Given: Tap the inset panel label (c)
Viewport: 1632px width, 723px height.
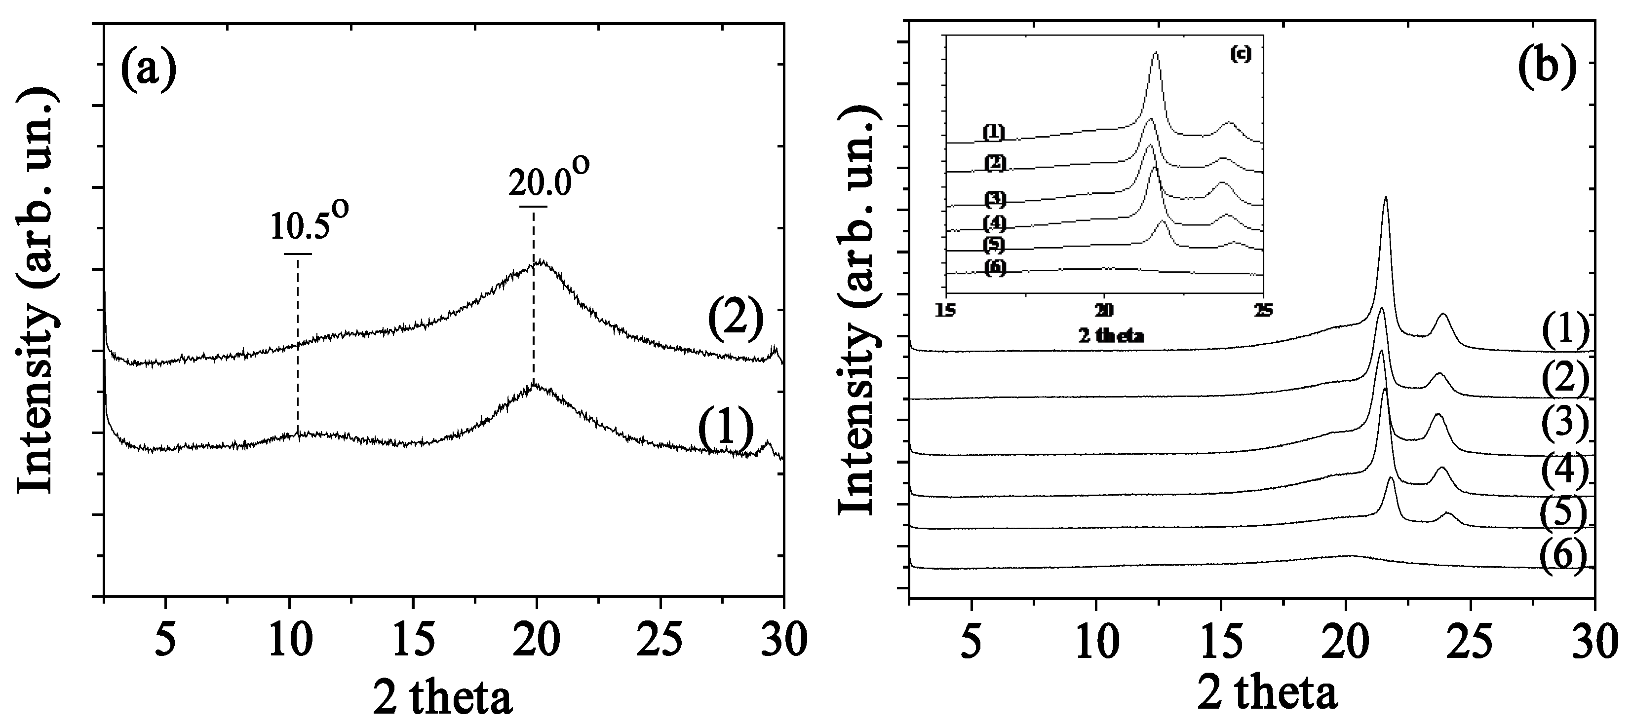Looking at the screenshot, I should coord(1240,54).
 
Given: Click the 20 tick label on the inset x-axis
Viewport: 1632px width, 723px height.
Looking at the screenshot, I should coord(1104,310).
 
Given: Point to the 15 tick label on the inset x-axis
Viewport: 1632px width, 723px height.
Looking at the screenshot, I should coord(946,310).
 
